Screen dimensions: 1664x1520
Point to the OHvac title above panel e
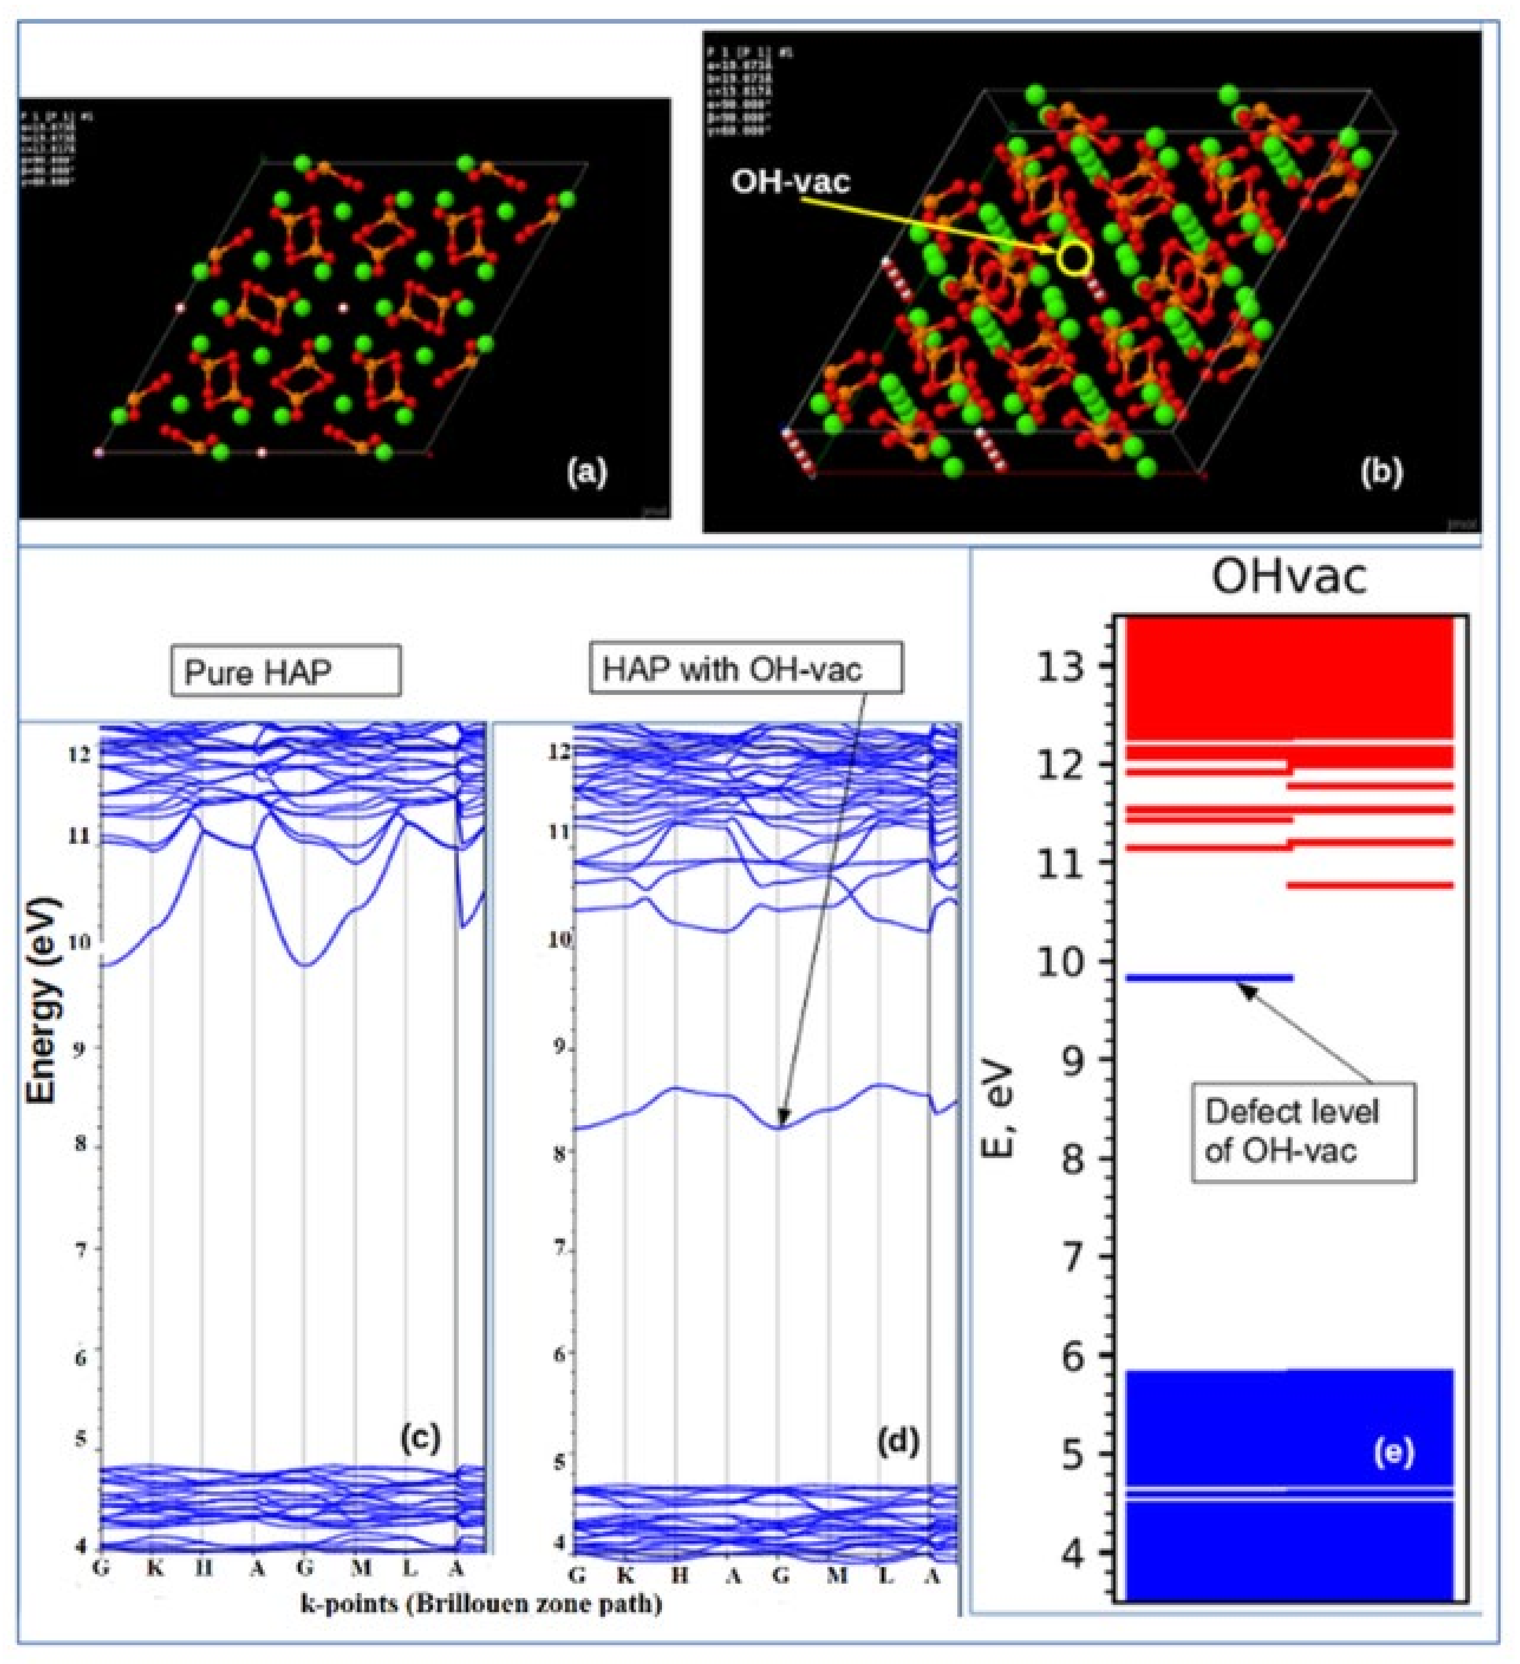point(1288,577)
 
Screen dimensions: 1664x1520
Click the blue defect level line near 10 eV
point(1209,978)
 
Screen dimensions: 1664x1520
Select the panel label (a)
point(587,472)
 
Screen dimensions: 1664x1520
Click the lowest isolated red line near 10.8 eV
point(1371,885)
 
